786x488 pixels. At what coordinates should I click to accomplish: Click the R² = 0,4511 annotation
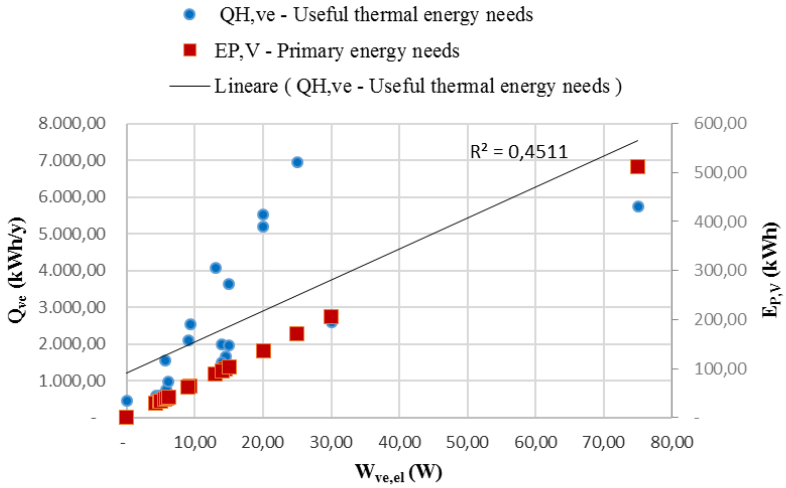[x=519, y=152]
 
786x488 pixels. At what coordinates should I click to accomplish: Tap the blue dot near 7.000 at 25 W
[x=297, y=162]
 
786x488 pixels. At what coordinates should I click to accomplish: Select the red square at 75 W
[x=637, y=167]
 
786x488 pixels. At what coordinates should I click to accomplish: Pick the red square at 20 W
[x=263, y=351]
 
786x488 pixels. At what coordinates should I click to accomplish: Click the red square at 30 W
[x=331, y=317]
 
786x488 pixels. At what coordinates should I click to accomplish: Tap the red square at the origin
[x=126, y=417]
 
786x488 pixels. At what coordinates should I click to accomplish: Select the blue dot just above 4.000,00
[x=215, y=268]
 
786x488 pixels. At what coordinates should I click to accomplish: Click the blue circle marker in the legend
[x=190, y=14]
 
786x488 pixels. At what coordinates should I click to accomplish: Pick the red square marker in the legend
[x=190, y=50]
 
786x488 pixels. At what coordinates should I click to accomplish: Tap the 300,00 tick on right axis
[x=720, y=270]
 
